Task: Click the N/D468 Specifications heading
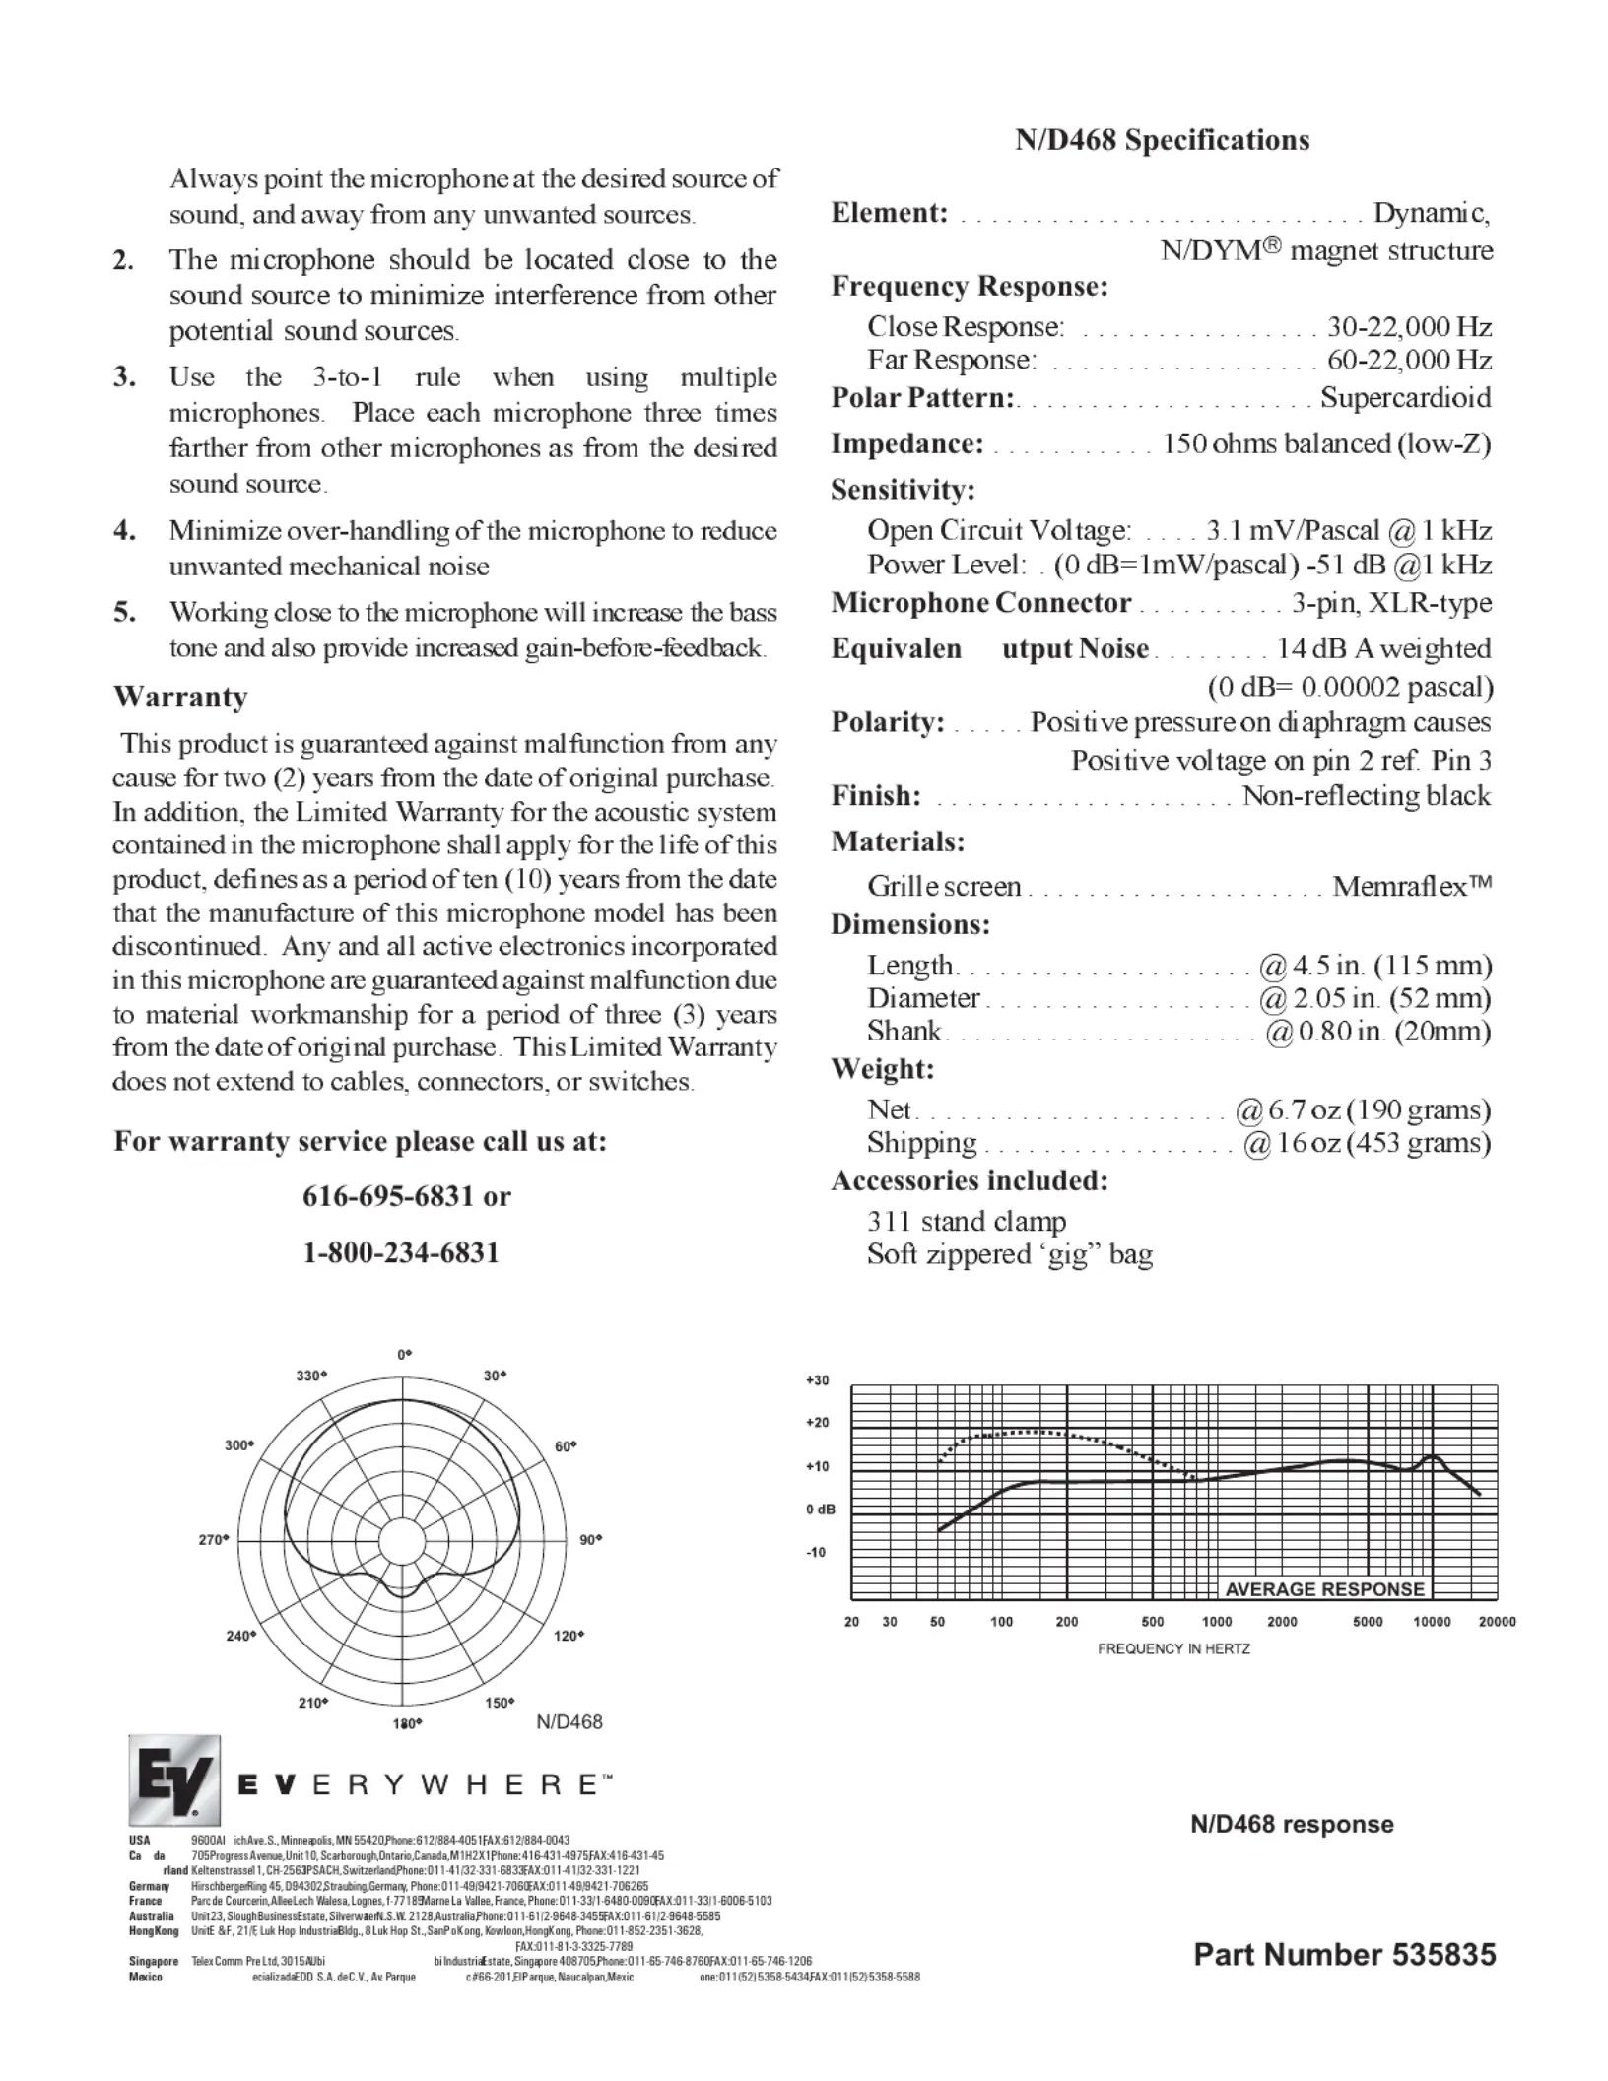(1163, 140)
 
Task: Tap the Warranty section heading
(180, 697)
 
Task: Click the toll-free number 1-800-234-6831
(401, 1253)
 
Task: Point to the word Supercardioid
(1405, 398)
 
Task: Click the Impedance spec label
(906, 444)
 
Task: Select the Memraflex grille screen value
(1412, 886)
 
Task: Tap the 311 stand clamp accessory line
(967, 1222)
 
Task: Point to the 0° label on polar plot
(404, 1355)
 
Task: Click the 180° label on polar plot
(407, 1723)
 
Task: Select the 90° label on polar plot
(590, 1539)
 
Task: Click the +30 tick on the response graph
(818, 1380)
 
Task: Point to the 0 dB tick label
(820, 1510)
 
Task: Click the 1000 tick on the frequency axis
(1217, 1622)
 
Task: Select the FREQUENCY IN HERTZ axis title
(1173, 1648)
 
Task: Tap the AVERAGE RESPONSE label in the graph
(1324, 1589)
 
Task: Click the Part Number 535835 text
(1344, 1955)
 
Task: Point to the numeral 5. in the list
(124, 613)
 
